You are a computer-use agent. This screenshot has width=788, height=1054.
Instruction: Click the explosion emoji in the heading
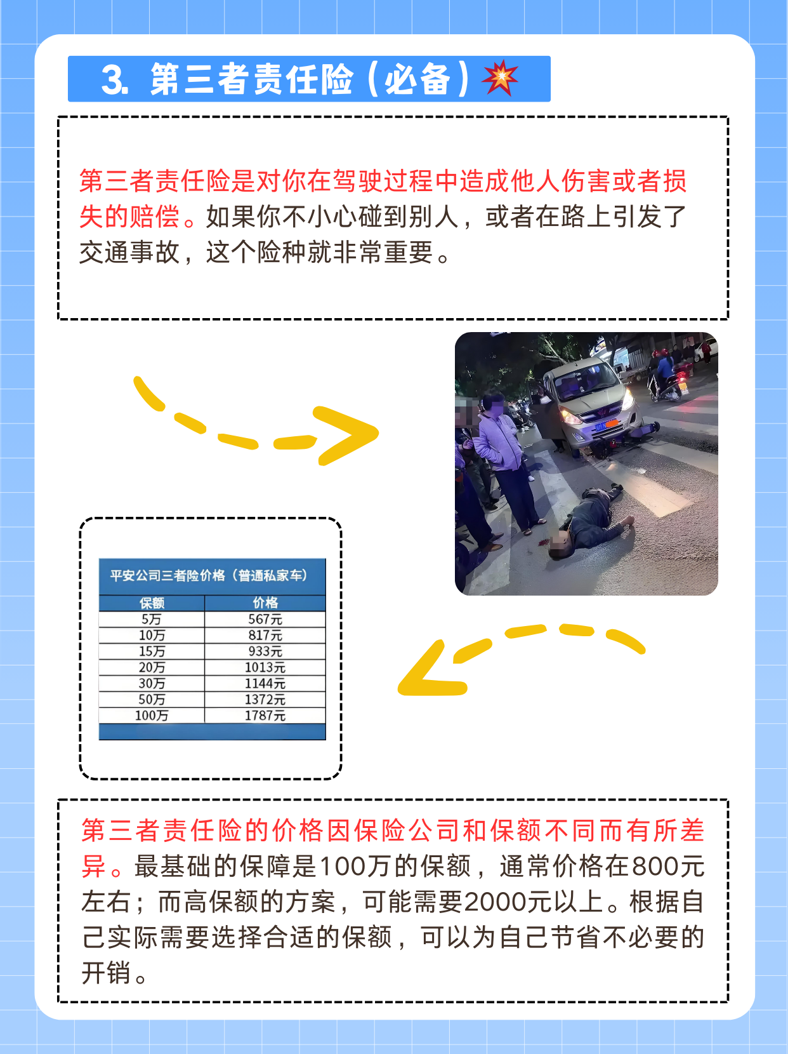pyautogui.click(x=500, y=78)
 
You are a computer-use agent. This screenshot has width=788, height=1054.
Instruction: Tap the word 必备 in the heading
pyautogui.click(x=417, y=79)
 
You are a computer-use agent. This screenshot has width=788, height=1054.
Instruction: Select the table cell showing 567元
pyautogui.click(x=265, y=619)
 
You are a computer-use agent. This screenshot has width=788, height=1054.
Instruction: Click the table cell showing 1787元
pyautogui.click(x=265, y=716)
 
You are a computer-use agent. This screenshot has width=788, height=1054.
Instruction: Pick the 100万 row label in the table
pyautogui.click(x=152, y=716)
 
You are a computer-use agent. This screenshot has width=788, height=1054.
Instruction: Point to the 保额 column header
pyautogui.click(x=152, y=603)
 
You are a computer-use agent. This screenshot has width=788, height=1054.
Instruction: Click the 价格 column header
pyautogui.click(x=265, y=603)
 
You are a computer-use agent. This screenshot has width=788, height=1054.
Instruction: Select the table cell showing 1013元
pyautogui.click(x=265, y=667)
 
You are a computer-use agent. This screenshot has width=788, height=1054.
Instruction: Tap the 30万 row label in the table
pyautogui.click(x=152, y=683)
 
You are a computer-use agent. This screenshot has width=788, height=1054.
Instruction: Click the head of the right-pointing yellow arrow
pyautogui.click(x=352, y=435)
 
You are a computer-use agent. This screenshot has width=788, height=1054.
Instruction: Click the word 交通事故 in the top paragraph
pyautogui.click(x=129, y=253)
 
